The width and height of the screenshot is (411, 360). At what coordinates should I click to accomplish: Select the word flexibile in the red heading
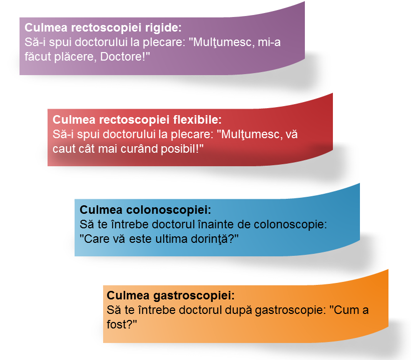coord(197,120)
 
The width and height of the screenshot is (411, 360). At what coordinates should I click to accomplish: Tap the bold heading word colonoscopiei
coord(169,210)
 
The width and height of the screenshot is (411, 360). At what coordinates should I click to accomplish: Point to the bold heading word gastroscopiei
coord(194,295)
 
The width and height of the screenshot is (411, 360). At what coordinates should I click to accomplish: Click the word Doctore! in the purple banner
coord(125,57)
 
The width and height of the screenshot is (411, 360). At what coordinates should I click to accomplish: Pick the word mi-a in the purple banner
coord(269,42)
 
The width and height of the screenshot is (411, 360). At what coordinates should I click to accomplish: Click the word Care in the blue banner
coord(94,239)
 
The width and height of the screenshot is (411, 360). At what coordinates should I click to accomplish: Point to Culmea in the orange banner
coord(128,295)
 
